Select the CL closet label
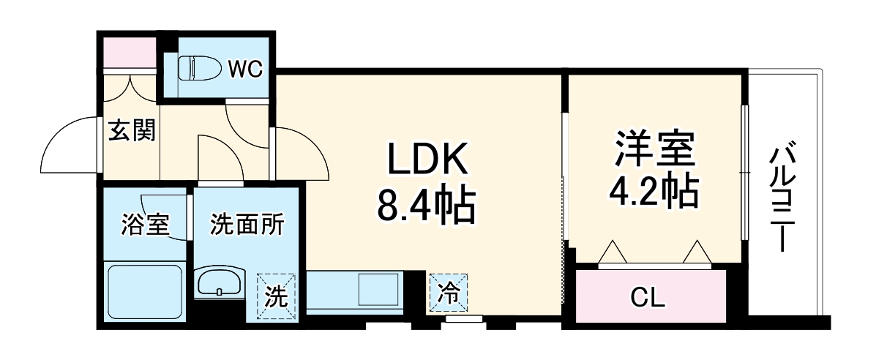tap(648, 298)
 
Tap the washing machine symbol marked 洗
tap(275, 297)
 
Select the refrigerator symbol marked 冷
tap(449, 294)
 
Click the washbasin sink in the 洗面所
tap(220, 281)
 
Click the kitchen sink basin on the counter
tap(376, 291)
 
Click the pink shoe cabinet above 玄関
tap(130, 50)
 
